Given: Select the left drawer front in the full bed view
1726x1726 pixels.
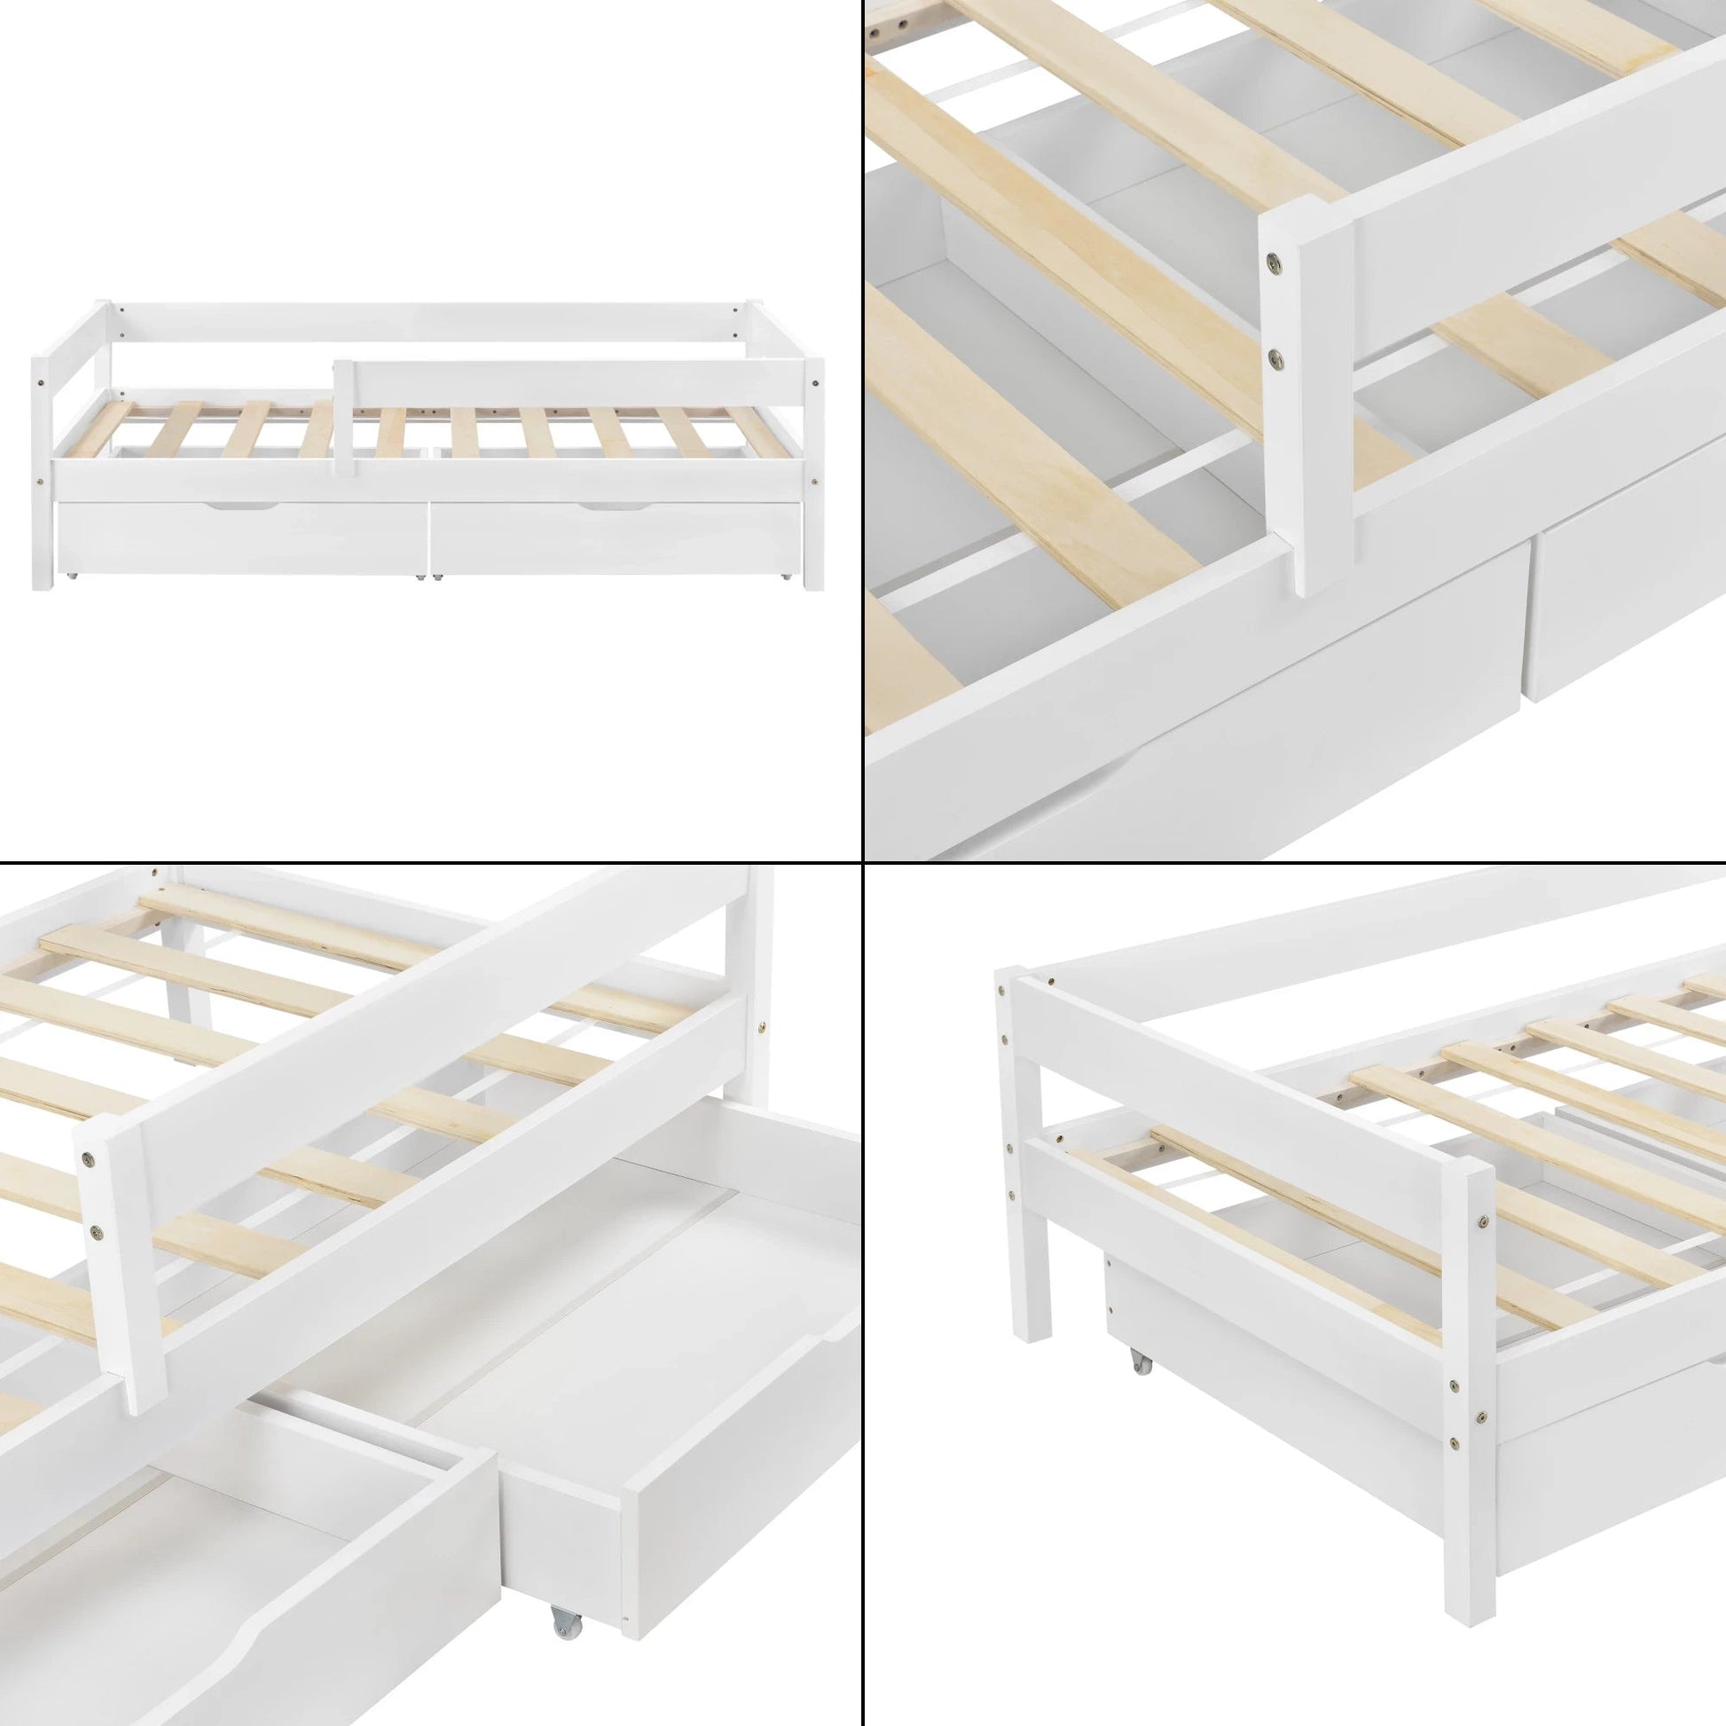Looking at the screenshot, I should coord(241,540).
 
